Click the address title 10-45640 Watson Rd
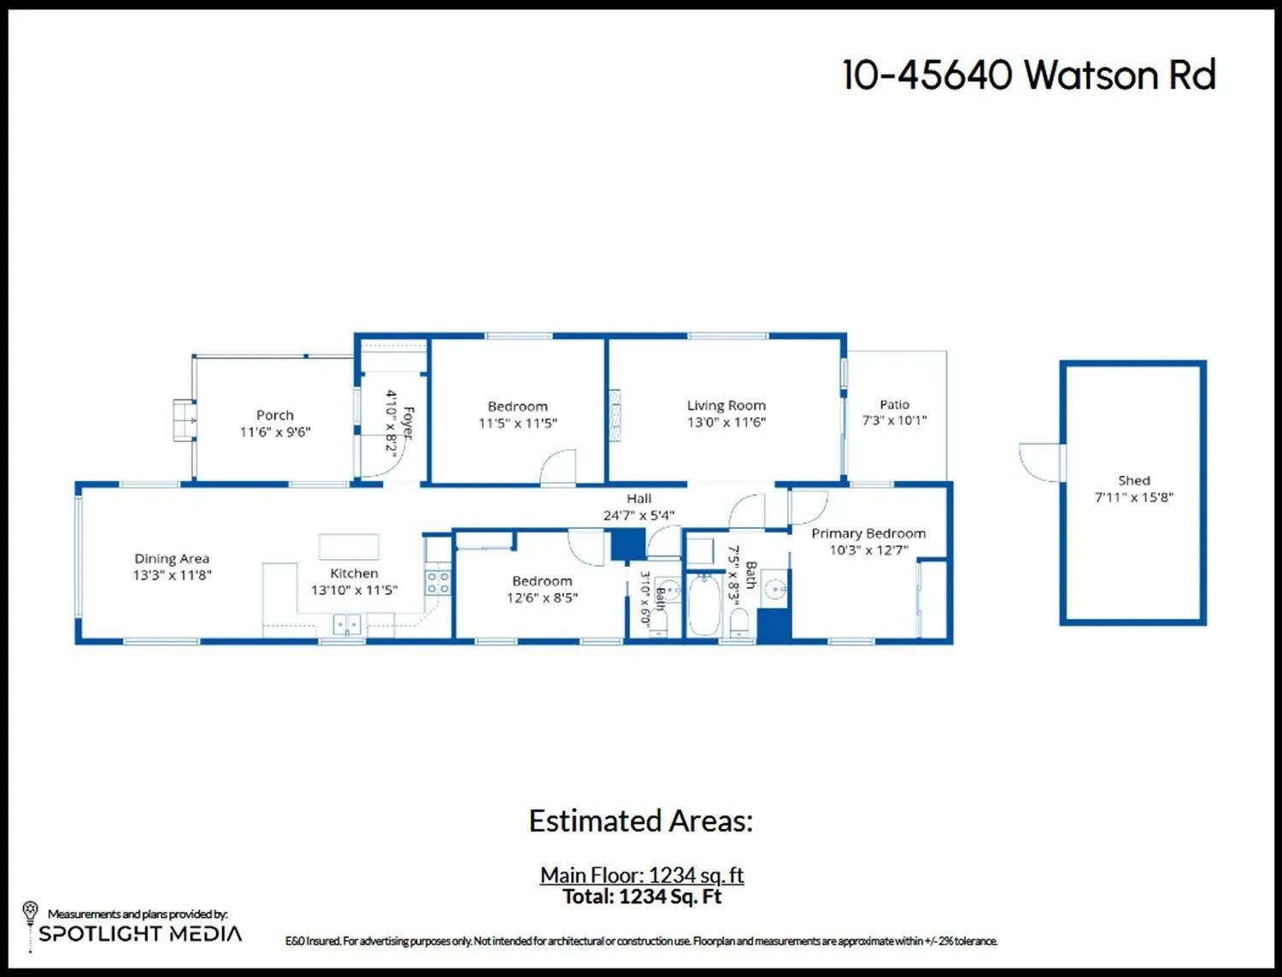click(1029, 74)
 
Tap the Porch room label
click(275, 415)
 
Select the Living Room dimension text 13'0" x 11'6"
click(726, 421)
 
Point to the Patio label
click(894, 404)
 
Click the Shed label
click(1133, 480)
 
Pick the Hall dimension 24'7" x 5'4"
click(638, 515)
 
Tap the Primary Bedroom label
click(868, 533)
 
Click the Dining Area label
click(172, 558)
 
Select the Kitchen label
click(354, 573)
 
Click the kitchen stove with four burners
click(438, 581)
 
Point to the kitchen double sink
click(347, 624)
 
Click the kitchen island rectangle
click(349, 546)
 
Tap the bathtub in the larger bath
click(703, 604)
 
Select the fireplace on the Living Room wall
click(614, 415)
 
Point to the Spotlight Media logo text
click(140, 933)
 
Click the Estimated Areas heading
click(641, 821)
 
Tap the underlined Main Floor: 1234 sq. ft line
click(642, 874)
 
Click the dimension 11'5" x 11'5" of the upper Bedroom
click(517, 423)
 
